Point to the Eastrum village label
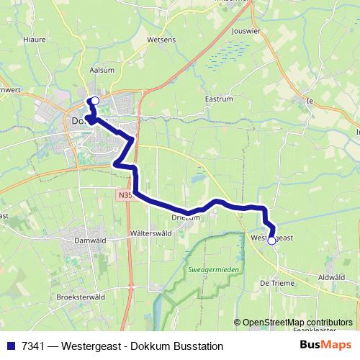pyautogui.click(x=217, y=99)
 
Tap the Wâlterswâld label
pyautogui.click(x=151, y=233)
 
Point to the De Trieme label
pyautogui.click(x=275, y=283)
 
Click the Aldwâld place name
pyautogui.click(x=331, y=276)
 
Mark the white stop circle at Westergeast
pyautogui.click(x=271, y=241)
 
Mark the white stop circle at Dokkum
pyautogui.click(x=95, y=102)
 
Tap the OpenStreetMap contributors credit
pyautogui.click(x=297, y=322)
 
